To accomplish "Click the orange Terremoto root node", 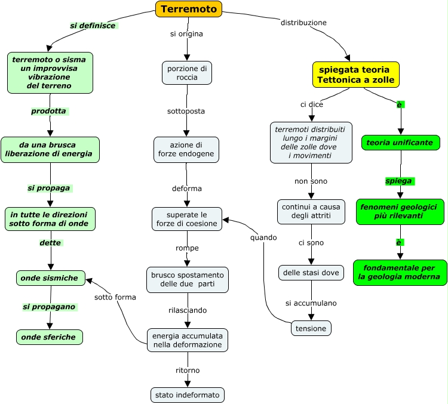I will click(189, 9).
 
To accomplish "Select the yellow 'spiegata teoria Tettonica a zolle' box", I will click(354, 75).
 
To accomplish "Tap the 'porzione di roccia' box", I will click(187, 73).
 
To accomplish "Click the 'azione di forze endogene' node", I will click(186, 150).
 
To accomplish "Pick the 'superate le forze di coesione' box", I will click(186, 219).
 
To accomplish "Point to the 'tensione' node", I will click(311, 328).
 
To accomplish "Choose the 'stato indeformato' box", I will click(187, 395).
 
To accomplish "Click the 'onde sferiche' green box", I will click(49, 337).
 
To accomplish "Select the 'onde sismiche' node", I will click(50, 278).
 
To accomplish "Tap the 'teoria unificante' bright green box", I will click(401, 143).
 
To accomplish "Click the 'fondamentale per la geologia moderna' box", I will click(400, 272).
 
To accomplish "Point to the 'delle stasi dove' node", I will click(311, 273).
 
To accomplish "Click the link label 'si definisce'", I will click(93, 26).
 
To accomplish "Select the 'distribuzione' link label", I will click(303, 23).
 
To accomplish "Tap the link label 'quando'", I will click(263, 238).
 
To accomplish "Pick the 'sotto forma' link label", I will click(115, 297).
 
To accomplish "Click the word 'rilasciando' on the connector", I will click(187, 310).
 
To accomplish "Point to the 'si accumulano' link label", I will click(311, 303).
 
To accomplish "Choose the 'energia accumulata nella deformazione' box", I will click(187, 340).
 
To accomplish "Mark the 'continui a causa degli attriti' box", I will click(311, 211).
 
